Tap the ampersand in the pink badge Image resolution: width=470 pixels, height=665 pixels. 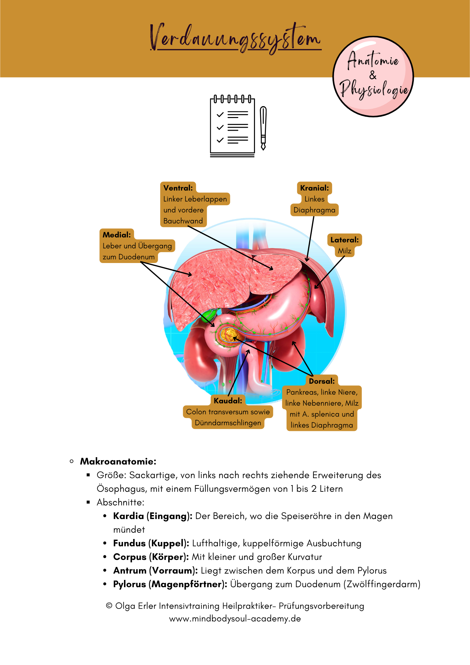coord(373,75)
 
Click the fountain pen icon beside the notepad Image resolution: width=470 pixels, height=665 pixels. coord(263,128)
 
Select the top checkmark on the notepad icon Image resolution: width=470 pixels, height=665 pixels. coord(220,115)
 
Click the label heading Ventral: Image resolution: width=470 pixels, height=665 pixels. coord(178,188)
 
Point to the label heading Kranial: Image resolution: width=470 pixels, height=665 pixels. coord(314,188)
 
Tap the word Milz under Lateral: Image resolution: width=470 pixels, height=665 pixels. coord(345,251)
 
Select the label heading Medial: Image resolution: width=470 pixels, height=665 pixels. coord(117,235)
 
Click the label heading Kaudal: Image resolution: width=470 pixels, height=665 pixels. coord(228,401)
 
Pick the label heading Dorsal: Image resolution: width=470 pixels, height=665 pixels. coord(322,381)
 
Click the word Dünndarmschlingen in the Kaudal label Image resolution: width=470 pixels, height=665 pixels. coord(228,423)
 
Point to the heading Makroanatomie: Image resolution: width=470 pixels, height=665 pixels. coord(118,462)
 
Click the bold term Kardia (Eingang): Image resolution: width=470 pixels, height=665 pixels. coord(153,516)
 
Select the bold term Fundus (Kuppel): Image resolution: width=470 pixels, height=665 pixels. coord(151,543)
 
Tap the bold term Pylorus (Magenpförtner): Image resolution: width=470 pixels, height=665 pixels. coord(170,584)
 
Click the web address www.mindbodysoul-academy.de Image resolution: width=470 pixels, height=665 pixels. coord(235,619)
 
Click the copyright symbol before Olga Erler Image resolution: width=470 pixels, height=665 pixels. coord(109,606)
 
